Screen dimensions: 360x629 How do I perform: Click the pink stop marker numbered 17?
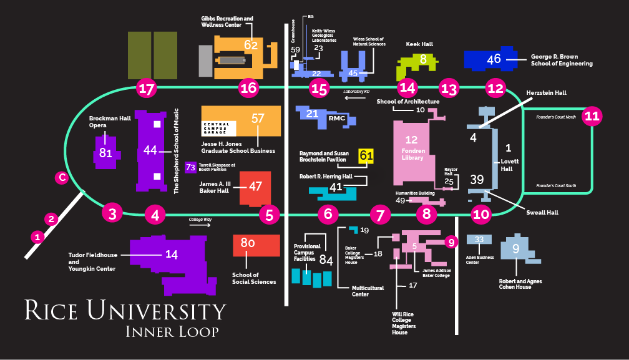[147, 89]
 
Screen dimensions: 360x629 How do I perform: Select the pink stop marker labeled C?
[61, 178]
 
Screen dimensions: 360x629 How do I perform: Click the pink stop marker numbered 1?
[38, 237]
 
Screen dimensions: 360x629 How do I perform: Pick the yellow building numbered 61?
[366, 156]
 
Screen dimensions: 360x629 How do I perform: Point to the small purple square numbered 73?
[191, 167]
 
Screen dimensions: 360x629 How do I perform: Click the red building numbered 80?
[256, 245]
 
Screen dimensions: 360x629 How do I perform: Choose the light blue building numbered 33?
[479, 240]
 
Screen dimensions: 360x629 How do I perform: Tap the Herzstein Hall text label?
[546, 92]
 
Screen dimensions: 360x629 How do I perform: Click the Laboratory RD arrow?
[356, 97]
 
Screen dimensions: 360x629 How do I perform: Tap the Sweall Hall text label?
[541, 212]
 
